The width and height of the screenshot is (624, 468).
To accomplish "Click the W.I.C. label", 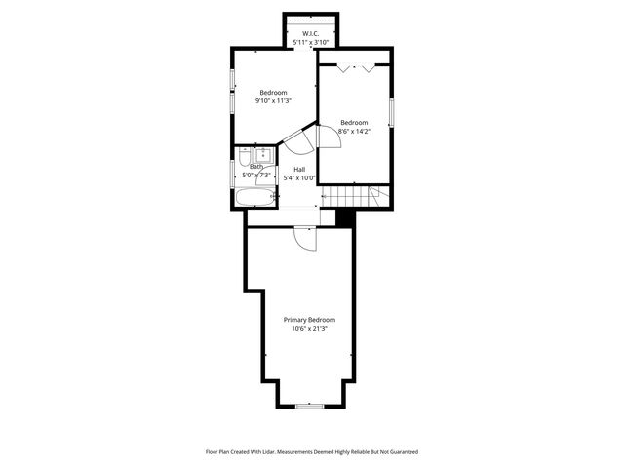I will [x=311, y=34].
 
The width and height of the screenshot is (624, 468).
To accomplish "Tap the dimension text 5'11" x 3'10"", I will [x=311, y=43].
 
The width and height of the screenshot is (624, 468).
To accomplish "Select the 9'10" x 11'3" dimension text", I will [x=273, y=100].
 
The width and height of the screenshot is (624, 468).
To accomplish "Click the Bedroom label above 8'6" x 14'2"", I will [x=354, y=122].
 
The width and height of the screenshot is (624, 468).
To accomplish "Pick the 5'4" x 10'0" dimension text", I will [x=300, y=178].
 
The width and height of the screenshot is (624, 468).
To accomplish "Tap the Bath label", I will [x=256, y=167].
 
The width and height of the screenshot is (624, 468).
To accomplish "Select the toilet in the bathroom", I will [x=263, y=153].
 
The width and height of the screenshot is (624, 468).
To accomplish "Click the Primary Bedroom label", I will [x=309, y=320].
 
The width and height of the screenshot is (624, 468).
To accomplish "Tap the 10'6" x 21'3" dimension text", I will [x=309, y=329].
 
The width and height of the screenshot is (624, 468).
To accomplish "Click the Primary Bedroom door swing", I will [x=303, y=239].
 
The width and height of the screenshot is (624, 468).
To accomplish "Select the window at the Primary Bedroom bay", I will [x=309, y=405].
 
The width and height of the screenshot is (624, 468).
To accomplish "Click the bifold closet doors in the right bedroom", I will [x=355, y=68].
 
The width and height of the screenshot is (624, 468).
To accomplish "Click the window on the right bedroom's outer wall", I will [x=392, y=111].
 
